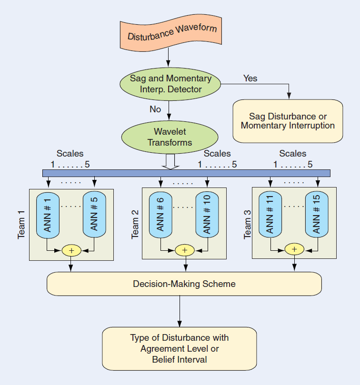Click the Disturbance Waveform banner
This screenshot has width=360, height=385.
170,34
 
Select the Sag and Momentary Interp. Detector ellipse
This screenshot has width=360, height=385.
170,84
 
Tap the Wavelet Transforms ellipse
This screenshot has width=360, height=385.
170,137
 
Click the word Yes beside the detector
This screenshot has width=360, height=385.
250,78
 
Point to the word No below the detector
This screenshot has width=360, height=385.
155,109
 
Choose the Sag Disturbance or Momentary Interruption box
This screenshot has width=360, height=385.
288,121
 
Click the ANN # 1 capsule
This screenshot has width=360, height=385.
48,214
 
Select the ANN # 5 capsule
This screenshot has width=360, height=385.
94,214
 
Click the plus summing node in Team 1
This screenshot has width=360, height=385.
71,250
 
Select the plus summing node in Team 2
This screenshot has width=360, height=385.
185,250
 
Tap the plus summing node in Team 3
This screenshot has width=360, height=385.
294,249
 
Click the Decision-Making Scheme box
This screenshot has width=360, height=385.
184,284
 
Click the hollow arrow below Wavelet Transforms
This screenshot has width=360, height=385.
170,162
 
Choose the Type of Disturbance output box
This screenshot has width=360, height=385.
179,348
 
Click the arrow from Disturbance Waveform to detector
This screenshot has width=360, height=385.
169,59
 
